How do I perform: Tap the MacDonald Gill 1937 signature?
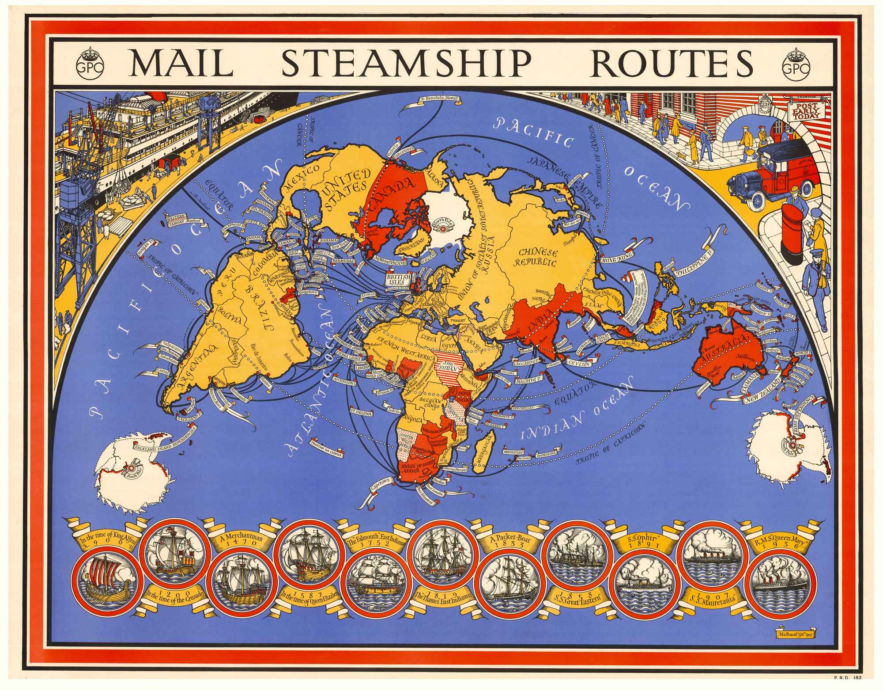795,645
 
